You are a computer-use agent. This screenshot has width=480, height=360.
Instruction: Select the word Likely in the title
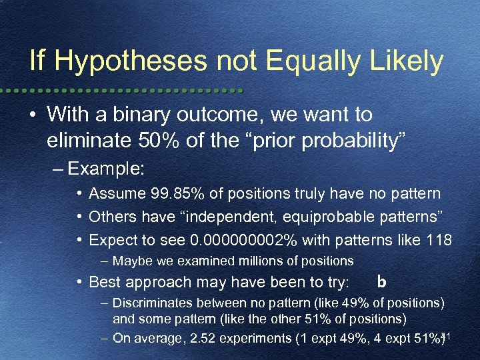coord(403,62)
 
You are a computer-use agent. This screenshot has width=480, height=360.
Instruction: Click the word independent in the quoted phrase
coord(227,217)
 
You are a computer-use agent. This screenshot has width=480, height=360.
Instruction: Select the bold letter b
coord(381,281)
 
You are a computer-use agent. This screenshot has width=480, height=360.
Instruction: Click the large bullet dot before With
coord(33,115)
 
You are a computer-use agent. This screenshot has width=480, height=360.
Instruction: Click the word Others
coord(110,217)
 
